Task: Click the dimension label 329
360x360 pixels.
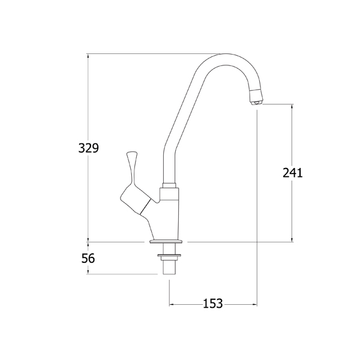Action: [x=88, y=148]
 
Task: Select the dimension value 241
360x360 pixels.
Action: [x=293, y=173]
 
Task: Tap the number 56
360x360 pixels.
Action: [x=88, y=259]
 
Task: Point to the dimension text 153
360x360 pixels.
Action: [x=213, y=303]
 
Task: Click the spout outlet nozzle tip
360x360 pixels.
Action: [x=257, y=103]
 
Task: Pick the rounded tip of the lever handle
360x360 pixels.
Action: [x=131, y=154]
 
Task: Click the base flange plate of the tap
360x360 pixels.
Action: [x=166, y=242]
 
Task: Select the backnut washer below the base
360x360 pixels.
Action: [x=169, y=256]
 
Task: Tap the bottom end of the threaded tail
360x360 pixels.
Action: [x=169, y=274]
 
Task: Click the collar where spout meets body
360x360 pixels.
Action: [x=169, y=186]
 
